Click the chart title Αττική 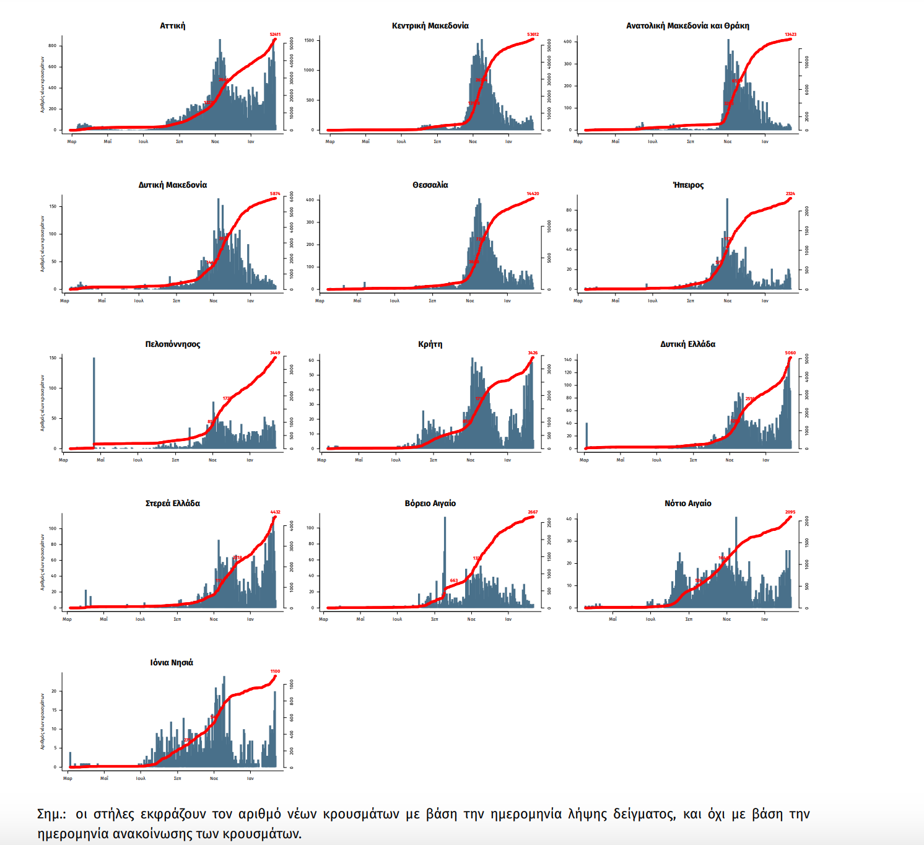tap(172, 26)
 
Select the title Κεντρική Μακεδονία tap(430, 26)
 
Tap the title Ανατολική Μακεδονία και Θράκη tap(687, 26)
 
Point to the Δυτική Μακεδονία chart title tap(172, 185)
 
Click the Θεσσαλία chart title tap(430, 185)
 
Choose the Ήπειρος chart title tap(688, 185)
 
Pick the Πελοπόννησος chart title tap(172, 344)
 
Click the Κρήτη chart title tap(430, 344)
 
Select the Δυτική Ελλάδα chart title tap(687, 344)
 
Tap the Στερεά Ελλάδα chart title tap(172, 504)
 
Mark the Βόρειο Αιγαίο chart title tap(430, 504)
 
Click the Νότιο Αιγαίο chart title tap(687, 504)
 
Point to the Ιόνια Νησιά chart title tap(172, 663)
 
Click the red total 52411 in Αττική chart tap(275, 35)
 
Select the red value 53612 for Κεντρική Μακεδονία tap(533, 35)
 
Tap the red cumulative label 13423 tap(790, 35)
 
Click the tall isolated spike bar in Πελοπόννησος tap(94, 403)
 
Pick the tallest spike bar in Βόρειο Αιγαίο tap(445, 558)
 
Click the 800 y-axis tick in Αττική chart tap(53, 46)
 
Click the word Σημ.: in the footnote tap(51, 814)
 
